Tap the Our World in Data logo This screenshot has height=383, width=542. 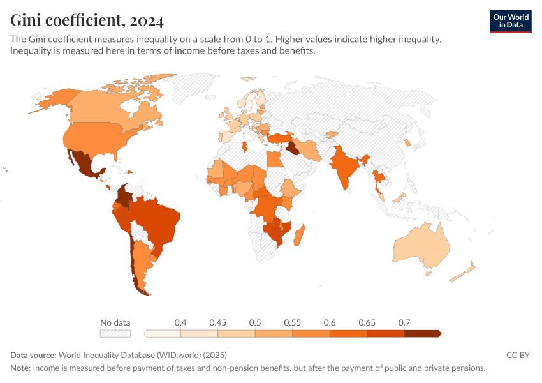point(511,21)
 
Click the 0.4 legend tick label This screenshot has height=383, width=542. point(180,322)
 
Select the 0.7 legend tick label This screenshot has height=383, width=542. point(404,322)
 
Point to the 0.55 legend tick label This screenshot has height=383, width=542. point(292,322)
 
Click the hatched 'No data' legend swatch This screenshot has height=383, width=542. point(115,333)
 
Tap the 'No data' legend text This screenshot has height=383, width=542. point(115,322)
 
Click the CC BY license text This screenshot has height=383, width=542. point(518,355)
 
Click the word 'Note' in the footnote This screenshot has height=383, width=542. point(20,368)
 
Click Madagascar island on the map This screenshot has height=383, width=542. point(299,232)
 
